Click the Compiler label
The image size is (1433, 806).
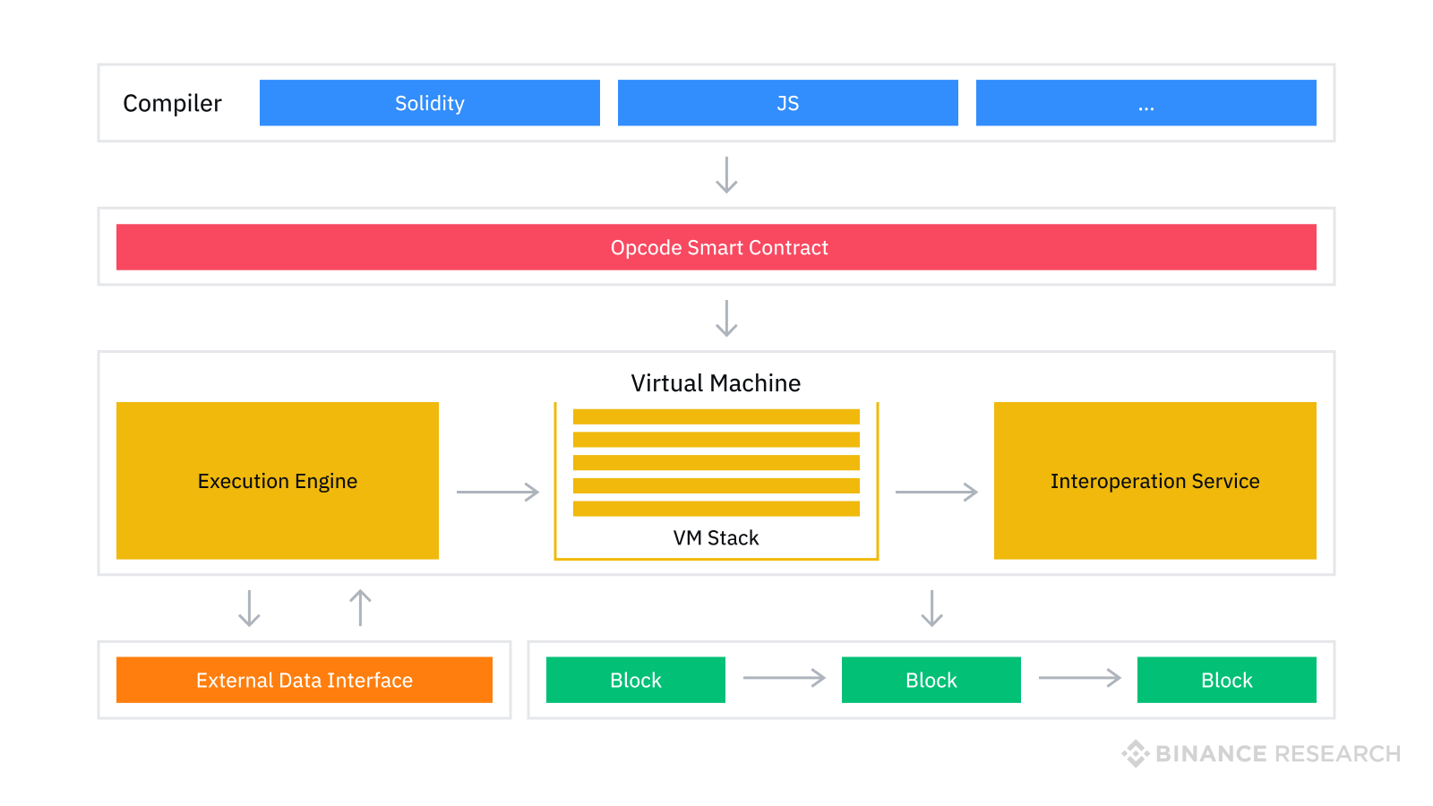pos(172,104)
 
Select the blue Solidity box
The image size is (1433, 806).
pos(430,103)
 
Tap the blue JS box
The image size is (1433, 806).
pos(788,103)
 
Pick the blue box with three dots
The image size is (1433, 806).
pos(1146,103)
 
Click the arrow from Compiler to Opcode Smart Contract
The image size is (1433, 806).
pos(726,175)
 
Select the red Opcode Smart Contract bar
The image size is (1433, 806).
pos(716,247)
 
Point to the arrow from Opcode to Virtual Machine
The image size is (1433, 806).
pos(726,318)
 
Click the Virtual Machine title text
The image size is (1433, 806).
pos(716,383)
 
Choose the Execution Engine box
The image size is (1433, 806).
pos(278,481)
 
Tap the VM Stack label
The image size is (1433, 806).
pos(716,537)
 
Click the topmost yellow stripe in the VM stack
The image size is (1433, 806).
pos(716,416)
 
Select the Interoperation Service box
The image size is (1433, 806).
pos(1155,481)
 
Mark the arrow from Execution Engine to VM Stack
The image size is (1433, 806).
pos(498,492)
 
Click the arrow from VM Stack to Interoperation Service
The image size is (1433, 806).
pos(937,492)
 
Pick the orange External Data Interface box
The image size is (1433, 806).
pos(305,680)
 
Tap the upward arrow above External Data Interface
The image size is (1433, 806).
pos(360,607)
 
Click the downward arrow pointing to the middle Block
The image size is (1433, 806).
pos(932,608)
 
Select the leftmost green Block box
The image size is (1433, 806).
pos(636,680)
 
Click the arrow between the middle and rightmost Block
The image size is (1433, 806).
pos(1079,678)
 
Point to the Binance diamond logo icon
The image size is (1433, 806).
pos(1136,753)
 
